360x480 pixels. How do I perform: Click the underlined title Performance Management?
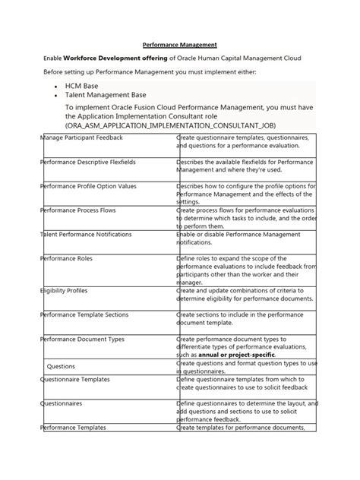pyautogui.click(x=179, y=45)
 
